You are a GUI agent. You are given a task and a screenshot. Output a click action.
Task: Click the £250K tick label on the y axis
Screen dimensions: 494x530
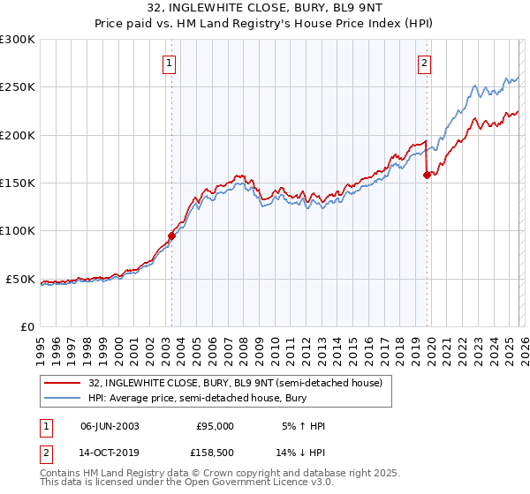click(x=18, y=87)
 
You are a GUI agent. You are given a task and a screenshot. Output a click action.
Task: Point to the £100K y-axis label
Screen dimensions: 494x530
click(x=18, y=231)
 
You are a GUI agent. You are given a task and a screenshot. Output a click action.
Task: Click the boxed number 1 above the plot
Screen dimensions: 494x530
click(x=168, y=63)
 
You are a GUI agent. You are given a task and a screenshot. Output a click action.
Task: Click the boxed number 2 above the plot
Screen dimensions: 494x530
click(x=425, y=63)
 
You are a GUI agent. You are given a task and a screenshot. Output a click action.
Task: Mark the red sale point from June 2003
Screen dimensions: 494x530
click(x=171, y=236)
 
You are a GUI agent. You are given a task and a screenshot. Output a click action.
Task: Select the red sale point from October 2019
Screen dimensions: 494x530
click(x=427, y=175)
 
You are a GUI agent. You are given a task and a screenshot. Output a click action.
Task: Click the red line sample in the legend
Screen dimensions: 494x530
click(x=63, y=384)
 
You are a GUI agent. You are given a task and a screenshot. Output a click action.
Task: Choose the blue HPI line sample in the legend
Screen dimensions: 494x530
click(x=63, y=398)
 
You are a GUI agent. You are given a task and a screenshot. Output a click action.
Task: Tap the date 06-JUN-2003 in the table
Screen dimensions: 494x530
click(x=110, y=426)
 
